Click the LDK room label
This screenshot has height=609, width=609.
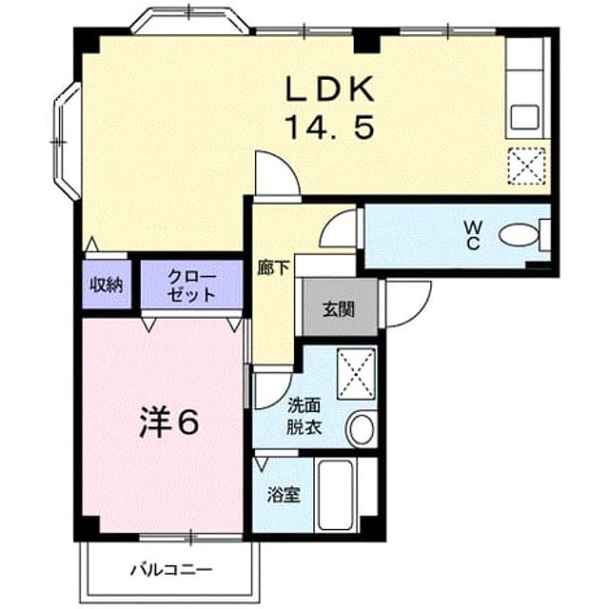[330, 88]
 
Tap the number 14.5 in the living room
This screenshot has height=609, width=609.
[330, 127]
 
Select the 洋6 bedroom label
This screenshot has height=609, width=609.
[169, 422]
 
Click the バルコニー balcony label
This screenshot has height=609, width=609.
[171, 570]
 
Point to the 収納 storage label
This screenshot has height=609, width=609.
[107, 285]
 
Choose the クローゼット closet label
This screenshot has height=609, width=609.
[192, 286]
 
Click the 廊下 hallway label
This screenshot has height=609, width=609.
[273, 268]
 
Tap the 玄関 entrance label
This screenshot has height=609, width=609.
[339, 309]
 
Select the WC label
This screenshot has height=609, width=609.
[473, 235]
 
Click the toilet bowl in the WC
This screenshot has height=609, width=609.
[519, 235]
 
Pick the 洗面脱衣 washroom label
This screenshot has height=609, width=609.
[304, 417]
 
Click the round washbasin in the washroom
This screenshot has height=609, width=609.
[362, 429]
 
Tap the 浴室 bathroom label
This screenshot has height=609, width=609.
[284, 496]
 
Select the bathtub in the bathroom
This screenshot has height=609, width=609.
[336, 495]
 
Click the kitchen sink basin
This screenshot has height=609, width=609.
[524, 117]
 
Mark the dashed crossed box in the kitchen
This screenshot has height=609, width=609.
[527, 166]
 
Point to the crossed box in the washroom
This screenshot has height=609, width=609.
[356, 374]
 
